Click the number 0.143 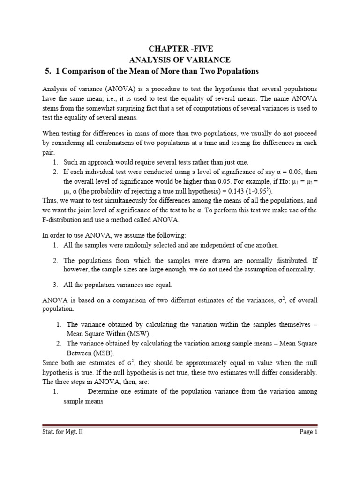click(237, 192)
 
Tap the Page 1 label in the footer click(308, 433)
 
